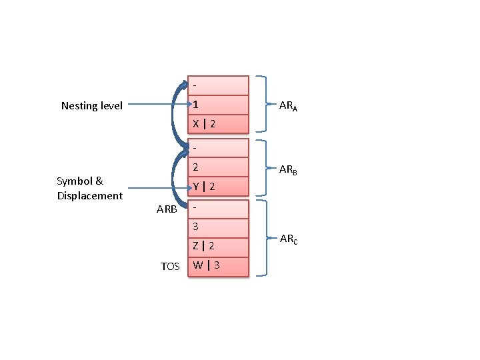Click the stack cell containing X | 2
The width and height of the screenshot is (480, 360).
coord(218,124)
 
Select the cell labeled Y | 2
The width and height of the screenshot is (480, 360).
coord(218,187)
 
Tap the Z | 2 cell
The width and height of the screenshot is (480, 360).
coord(218,246)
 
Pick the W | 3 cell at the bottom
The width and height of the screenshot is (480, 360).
coord(218,266)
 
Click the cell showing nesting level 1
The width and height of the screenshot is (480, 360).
coord(218,105)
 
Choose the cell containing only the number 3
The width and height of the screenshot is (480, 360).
coord(218,227)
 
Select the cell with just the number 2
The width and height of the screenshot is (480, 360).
coord(218,166)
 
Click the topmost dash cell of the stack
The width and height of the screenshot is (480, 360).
coord(218,85)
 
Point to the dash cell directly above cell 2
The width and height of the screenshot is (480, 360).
coord(218,147)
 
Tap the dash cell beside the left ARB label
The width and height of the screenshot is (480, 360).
coord(218,208)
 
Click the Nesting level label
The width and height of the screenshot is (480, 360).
coord(92,105)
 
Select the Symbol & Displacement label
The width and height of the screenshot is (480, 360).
coord(89,188)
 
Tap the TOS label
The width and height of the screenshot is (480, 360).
coord(170,267)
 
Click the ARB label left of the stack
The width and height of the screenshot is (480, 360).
coord(167,209)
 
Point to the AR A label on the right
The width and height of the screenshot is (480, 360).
coord(288,105)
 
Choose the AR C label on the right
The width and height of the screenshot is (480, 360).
coord(289,238)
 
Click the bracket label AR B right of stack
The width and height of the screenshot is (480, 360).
coord(288,169)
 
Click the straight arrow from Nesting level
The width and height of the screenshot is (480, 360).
coord(157,105)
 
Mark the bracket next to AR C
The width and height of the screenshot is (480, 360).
coord(264,237)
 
